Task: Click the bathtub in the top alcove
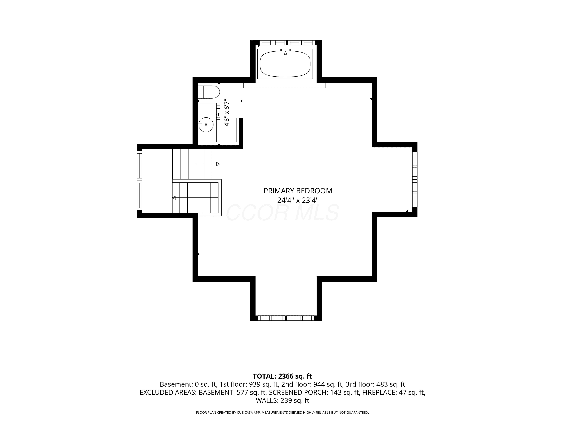pyautogui.click(x=285, y=64)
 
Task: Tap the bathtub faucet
pyautogui.click(x=285, y=52)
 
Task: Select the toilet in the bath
pyautogui.click(x=209, y=92)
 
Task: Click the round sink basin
pyautogui.click(x=206, y=125)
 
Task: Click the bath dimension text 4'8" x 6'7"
pyautogui.click(x=227, y=113)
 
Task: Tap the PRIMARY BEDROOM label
pyautogui.click(x=298, y=191)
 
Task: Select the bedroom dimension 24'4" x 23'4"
pyautogui.click(x=298, y=200)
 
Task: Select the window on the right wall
pyautogui.click(x=415, y=179)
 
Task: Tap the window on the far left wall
pyautogui.click(x=140, y=181)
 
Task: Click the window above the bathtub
pyautogui.click(x=287, y=43)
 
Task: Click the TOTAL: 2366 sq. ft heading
pyautogui.click(x=282, y=376)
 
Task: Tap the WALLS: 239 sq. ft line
pyautogui.click(x=282, y=400)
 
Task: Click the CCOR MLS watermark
pyautogui.click(x=283, y=213)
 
